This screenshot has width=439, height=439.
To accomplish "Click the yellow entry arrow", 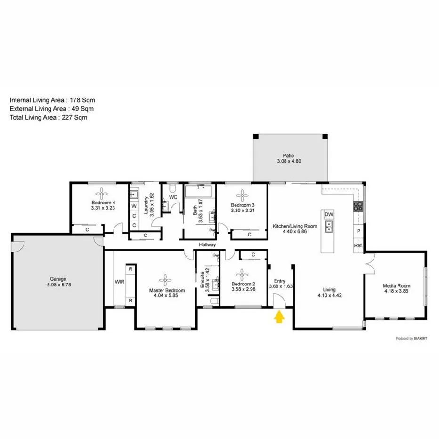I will pyautogui.click(x=279, y=318).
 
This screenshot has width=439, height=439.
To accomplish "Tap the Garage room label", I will pyautogui.click(x=58, y=279).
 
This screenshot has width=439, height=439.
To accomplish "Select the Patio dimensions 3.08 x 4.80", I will pyautogui.click(x=288, y=161).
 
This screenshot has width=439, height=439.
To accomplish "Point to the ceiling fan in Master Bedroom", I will pyautogui.click(x=166, y=281).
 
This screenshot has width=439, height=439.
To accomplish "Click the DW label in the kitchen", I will pyautogui.click(x=329, y=215).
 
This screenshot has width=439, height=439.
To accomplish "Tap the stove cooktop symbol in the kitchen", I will pyautogui.click(x=358, y=206).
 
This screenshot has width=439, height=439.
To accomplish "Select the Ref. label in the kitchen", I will pyautogui.click(x=358, y=246).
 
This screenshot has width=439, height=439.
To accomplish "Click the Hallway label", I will pyautogui.click(x=207, y=245).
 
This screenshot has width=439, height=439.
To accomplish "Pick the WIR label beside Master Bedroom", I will pyautogui.click(x=119, y=282).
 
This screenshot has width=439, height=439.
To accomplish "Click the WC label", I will pyautogui.click(x=173, y=197).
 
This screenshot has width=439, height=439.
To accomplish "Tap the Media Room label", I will pyautogui.click(x=396, y=286).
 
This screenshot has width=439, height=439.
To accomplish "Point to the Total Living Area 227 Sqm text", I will pyautogui.click(x=49, y=118).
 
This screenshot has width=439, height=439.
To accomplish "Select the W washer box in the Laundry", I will pyautogui.click(x=134, y=206).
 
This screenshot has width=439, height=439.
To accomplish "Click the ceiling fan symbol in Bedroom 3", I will pyautogui.click(x=243, y=195).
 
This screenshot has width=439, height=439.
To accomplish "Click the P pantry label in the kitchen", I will pyautogui.click(x=358, y=231).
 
